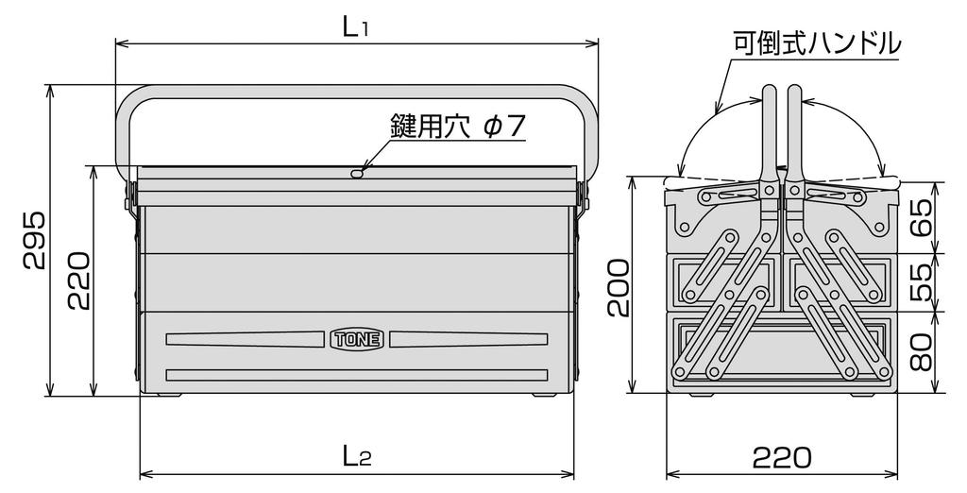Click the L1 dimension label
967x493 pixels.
[356, 27]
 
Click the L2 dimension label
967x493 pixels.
[356, 457]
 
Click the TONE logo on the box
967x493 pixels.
[358, 338]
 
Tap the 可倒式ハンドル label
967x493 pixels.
[817, 42]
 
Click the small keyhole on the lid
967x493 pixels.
[357, 173]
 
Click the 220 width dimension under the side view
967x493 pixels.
[781, 457]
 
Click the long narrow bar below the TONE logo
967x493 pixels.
[357, 375]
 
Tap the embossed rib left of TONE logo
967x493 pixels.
[246, 338]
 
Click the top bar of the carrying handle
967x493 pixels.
[356, 93]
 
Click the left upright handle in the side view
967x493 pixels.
[768, 132]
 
